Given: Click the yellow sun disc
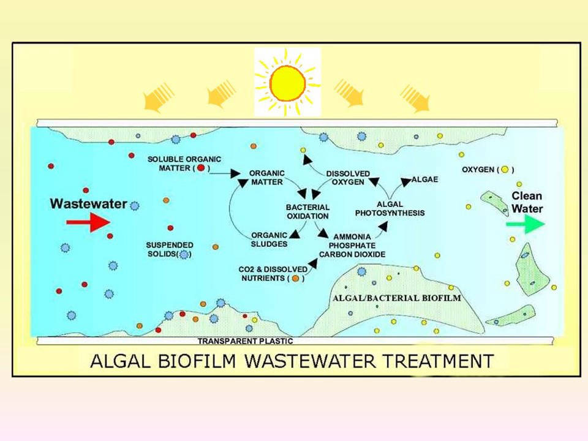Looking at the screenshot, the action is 288,83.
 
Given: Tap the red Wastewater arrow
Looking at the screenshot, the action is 88,222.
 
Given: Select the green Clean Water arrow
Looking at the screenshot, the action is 526,224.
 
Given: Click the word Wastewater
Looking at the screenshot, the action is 88,203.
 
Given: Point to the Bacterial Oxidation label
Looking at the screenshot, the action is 308,211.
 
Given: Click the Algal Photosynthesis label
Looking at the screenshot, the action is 390,208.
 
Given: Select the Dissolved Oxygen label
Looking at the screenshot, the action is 348,178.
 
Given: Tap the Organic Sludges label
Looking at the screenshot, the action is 269,239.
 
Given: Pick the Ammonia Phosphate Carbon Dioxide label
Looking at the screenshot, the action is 352,246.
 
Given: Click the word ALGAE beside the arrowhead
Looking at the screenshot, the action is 425,179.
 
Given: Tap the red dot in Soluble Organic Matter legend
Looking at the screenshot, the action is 201,168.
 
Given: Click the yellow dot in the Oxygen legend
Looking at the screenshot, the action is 505,170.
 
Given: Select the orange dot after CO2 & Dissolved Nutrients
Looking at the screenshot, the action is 295,278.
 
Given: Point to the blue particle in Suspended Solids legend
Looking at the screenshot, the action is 184,255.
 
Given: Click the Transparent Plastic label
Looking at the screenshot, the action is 245,341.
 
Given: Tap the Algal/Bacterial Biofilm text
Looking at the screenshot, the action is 397,298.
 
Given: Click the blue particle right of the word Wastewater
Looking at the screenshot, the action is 134,206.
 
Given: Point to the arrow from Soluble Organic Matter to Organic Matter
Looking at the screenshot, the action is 224,173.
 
